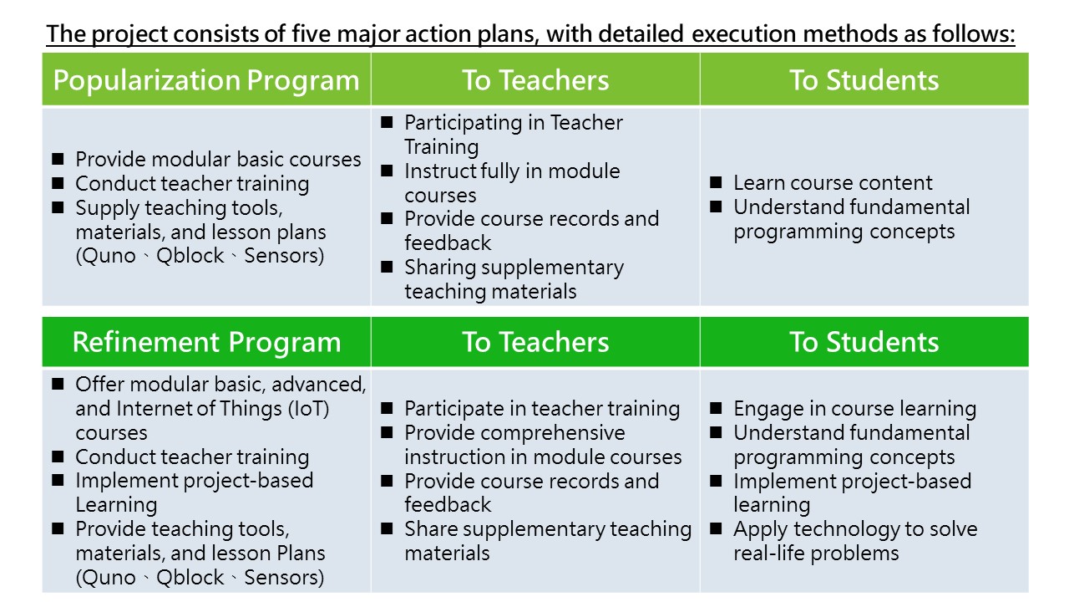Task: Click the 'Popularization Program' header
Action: (206, 80)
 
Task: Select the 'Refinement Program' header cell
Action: (206, 342)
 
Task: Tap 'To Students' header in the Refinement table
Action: (864, 342)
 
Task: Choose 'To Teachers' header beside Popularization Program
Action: (535, 79)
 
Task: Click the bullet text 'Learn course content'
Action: (833, 182)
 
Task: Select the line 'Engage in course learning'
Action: (854, 409)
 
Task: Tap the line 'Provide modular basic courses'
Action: (218, 159)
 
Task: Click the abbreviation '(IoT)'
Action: (308, 409)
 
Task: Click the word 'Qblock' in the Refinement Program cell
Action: (190, 578)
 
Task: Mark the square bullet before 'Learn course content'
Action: (716, 182)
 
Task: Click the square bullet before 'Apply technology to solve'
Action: (716, 528)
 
